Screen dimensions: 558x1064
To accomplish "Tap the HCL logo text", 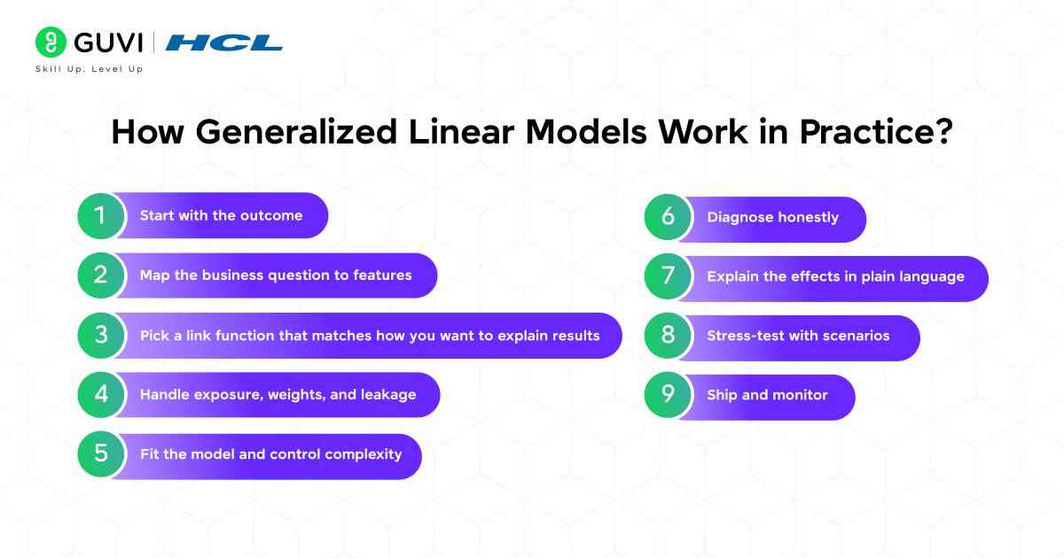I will coord(223,43).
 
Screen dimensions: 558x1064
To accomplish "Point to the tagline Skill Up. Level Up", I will coord(89,69).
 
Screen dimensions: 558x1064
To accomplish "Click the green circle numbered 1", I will coord(100,216).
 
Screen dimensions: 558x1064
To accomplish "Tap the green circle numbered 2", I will coord(100,275).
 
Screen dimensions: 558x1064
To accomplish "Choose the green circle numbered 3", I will coord(100,336).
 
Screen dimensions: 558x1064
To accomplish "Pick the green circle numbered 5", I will coord(100,454).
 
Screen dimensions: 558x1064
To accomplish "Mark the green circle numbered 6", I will coord(668,218).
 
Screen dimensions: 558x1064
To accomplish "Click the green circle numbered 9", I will coord(668,396).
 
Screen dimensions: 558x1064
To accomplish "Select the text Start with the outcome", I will coord(221,216).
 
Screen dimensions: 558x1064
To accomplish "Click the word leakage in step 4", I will coord(387,395).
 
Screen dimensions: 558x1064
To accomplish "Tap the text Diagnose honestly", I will coord(772,218).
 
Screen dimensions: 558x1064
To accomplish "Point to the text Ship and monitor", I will coord(767,395).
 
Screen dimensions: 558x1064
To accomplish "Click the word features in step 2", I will coord(382,275).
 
